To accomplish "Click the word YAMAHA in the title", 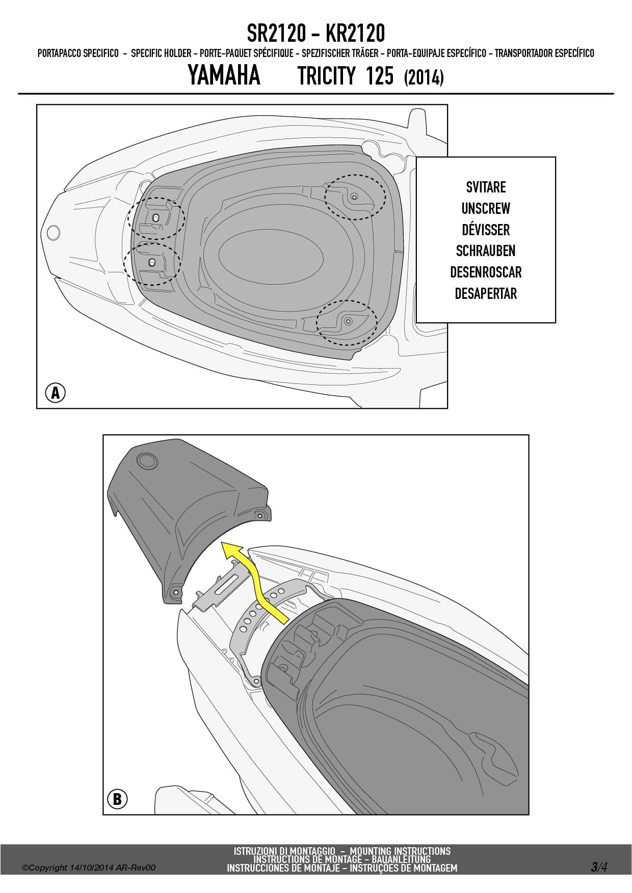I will pyautogui.click(x=224, y=76).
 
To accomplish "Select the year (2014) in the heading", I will pyautogui.click(x=424, y=78).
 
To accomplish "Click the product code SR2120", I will pyautogui.click(x=276, y=34).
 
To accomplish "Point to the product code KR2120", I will pyautogui.click(x=355, y=34).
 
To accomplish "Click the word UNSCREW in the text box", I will pyautogui.click(x=486, y=209).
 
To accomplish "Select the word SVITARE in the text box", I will pyautogui.click(x=486, y=187).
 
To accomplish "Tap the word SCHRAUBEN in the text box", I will pyautogui.click(x=486, y=251).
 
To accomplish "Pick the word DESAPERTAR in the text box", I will pyautogui.click(x=486, y=294).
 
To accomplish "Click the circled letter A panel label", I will pyautogui.click(x=56, y=393).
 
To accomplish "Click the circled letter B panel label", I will pyautogui.click(x=117, y=799).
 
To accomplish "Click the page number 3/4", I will pyautogui.click(x=599, y=867).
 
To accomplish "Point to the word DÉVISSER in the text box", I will pyautogui.click(x=486, y=230).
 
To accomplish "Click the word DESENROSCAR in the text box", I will pyautogui.click(x=486, y=272).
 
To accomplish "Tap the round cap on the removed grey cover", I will pyautogui.click(x=148, y=461).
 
